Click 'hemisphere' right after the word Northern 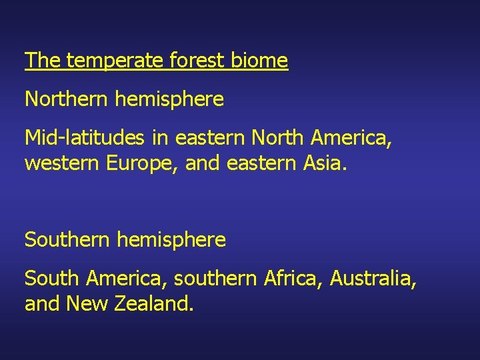pos(169,100)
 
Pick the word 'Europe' pos(142,163)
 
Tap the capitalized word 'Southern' pos(67,240)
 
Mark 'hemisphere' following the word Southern pos(171,240)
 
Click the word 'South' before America pos(51,278)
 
